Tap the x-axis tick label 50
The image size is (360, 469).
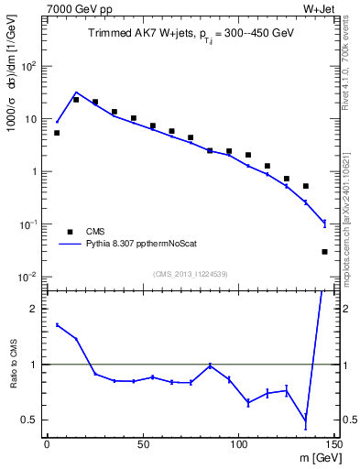coord(142,443)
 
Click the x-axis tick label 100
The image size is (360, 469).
coord(238,443)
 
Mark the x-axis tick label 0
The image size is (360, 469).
coord(47,443)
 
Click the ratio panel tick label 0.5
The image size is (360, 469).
coord(31,420)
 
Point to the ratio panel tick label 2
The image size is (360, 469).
coord(35,309)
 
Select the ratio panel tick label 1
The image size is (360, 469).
coord(35,365)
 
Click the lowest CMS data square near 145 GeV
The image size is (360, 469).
coord(325,251)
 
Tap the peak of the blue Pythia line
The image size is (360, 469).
coord(76,93)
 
